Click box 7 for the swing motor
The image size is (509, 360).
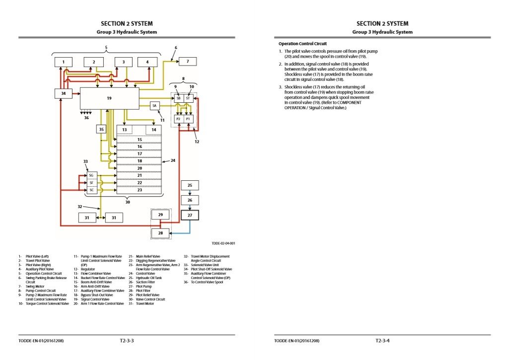tap(187, 62)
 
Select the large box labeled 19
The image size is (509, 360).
tap(109, 98)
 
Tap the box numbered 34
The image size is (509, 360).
tap(63, 93)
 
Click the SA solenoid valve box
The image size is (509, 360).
tap(155, 106)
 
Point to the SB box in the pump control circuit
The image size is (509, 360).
tap(178, 99)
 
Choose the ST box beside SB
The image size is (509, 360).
tap(188, 99)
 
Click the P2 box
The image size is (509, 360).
tap(178, 119)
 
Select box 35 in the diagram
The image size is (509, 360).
tap(102, 129)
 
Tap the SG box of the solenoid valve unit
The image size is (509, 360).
tap(91, 175)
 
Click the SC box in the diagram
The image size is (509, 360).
tap(91, 190)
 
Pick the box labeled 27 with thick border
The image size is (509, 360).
tap(189, 215)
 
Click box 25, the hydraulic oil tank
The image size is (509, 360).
tap(189, 185)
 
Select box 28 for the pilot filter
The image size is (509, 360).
tap(160, 232)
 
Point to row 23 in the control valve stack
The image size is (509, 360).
tap(140, 190)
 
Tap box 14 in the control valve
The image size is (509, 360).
tap(154, 130)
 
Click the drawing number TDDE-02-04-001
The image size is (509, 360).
tap(223, 243)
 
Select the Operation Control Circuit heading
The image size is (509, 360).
tap(302, 44)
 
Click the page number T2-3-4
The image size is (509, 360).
tap(383, 341)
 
